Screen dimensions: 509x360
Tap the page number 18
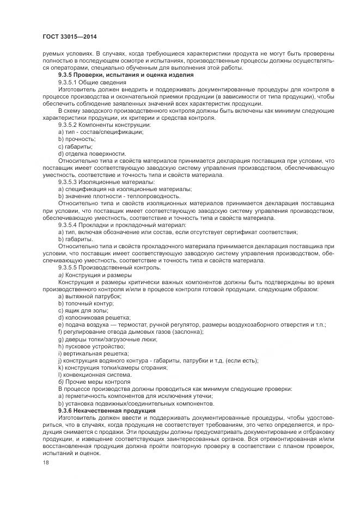45,463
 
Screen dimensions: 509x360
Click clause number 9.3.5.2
70,125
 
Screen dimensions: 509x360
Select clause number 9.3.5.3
70,181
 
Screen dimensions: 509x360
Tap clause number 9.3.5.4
70,224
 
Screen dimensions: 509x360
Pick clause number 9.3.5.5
70,267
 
